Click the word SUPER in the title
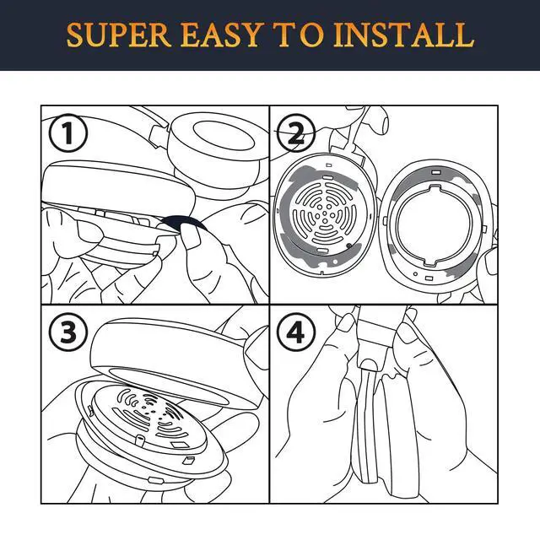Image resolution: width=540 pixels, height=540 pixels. [119, 35]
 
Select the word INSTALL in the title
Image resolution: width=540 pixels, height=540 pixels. [403, 35]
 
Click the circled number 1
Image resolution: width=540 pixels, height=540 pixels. [67, 133]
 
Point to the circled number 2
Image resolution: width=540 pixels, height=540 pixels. [296, 133]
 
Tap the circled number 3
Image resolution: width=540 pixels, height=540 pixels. [67, 332]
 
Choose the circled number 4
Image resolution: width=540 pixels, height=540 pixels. [296, 332]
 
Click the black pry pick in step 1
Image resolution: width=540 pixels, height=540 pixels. [184, 222]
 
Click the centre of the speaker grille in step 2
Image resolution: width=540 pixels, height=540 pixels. [324, 214]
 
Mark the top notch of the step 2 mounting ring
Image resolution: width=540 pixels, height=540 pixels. [435, 188]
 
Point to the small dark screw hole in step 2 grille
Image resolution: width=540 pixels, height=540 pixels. [348, 246]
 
